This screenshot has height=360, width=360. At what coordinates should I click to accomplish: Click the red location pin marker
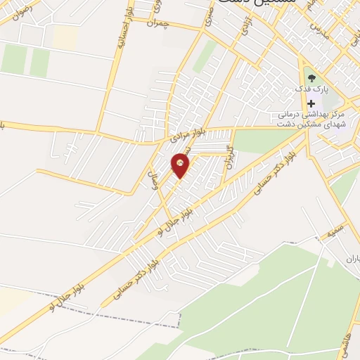tap(181, 166)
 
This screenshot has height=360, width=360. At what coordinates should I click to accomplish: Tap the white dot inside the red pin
tap(181, 163)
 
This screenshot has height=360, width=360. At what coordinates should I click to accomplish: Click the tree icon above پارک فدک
tap(311, 78)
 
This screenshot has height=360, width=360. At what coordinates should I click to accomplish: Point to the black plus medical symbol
tap(311, 103)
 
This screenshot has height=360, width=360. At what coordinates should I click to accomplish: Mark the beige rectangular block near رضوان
tap(65, 38)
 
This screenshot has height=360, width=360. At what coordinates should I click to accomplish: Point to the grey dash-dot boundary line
tap(105, 311)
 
